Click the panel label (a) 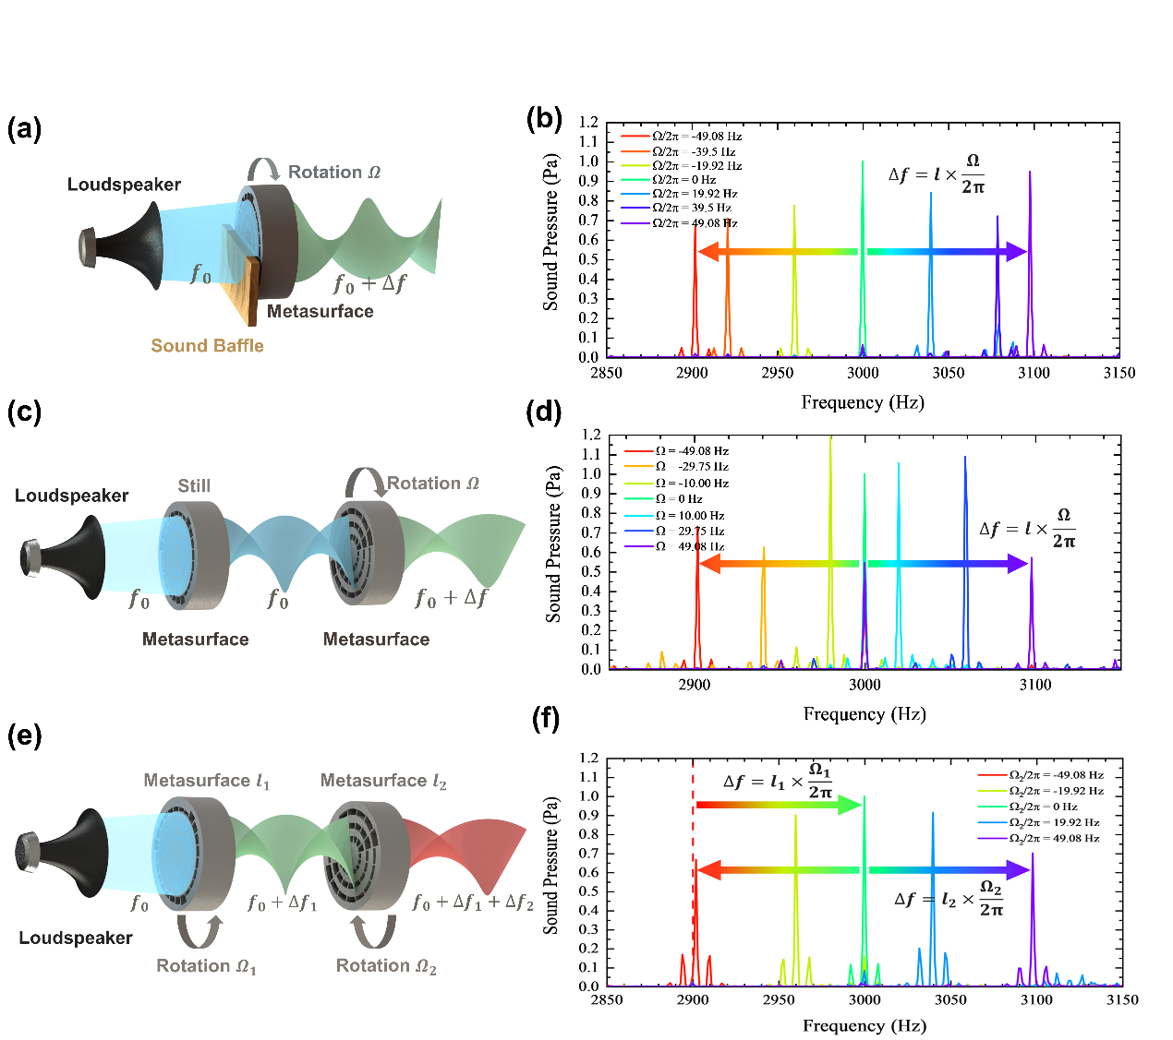pos(24,128)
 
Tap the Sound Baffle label pos(207,346)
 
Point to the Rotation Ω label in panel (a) pos(333,173)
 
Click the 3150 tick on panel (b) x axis pos(1119,373)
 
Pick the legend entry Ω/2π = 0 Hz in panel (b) pos(683,180)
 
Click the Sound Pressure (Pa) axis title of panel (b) pos(551,232)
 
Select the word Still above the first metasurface pos(194,485)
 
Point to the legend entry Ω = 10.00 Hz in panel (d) pos(689,515)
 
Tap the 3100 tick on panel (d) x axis pos(1034,685)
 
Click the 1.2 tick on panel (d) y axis pos(591,435)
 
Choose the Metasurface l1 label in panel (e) pos(206,781)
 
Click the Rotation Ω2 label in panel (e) pos(386,966)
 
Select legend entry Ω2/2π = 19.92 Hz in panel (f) pos(1053,822)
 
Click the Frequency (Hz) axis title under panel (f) pos(864,1025)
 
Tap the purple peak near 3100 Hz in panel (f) pos(1033,886)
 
